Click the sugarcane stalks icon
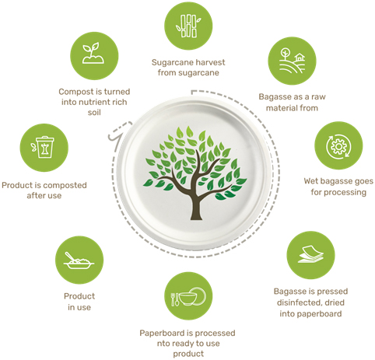tap(188, 26)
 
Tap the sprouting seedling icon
tap(93, 54)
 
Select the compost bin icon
tap(43, 147)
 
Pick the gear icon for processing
tap(338, 146)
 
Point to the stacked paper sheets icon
tap(310, 254)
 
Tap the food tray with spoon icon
tap(79, 261)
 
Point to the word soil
tap(94, 112)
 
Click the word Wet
tap(310, 181)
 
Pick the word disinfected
tap(296, 302)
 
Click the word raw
tap(318, 97)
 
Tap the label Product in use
tap(79, 302)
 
